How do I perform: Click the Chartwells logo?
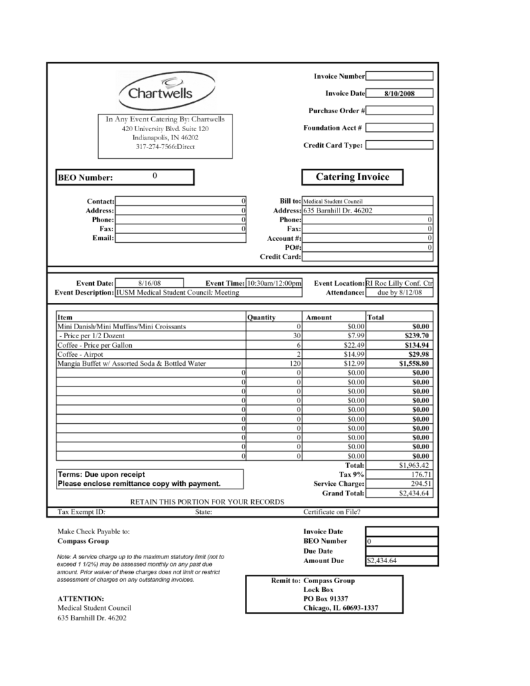(156, 90)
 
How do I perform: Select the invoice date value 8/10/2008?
(399, 93)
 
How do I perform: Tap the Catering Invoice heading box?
(352, 177)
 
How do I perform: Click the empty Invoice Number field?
(399, 76)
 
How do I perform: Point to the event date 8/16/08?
(149, 283)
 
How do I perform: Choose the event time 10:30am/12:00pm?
(274, 283)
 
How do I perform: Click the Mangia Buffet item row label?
(131, 364)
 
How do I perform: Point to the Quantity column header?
(262, 317)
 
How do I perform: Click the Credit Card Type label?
(333, 146)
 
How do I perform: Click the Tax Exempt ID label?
(81, 512)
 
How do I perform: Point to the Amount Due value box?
(400, 561)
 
